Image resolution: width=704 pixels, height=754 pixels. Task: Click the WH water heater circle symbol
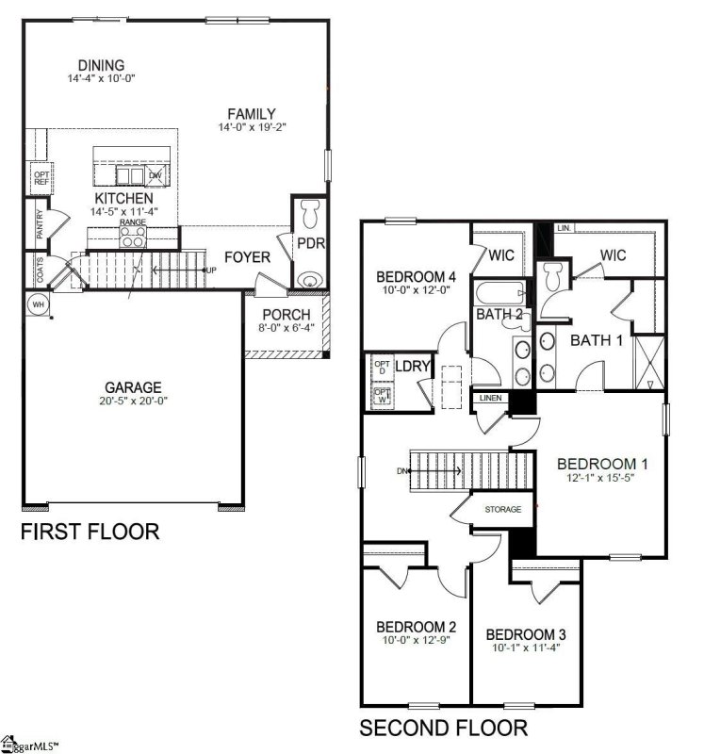click(39, 304)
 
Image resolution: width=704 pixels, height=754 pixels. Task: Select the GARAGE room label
click(133, 387)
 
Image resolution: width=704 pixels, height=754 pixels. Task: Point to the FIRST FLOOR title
click(90, 533)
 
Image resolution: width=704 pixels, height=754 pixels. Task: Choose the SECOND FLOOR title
click(443, 728)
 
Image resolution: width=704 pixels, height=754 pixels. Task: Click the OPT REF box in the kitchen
click(41, 177)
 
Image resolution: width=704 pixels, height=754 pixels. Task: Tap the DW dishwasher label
click(156, 175)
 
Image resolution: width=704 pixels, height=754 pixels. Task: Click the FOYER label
click(247, 257)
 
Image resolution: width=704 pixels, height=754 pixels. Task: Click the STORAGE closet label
click(502, 509)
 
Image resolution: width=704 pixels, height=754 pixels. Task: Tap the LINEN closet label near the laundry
click(490, 400)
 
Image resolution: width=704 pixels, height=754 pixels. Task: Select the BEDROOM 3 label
click(526, 633)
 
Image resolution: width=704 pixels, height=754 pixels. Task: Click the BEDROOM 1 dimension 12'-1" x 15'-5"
click(601, 482)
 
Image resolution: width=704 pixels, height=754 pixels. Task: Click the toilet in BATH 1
click(554, 275)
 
